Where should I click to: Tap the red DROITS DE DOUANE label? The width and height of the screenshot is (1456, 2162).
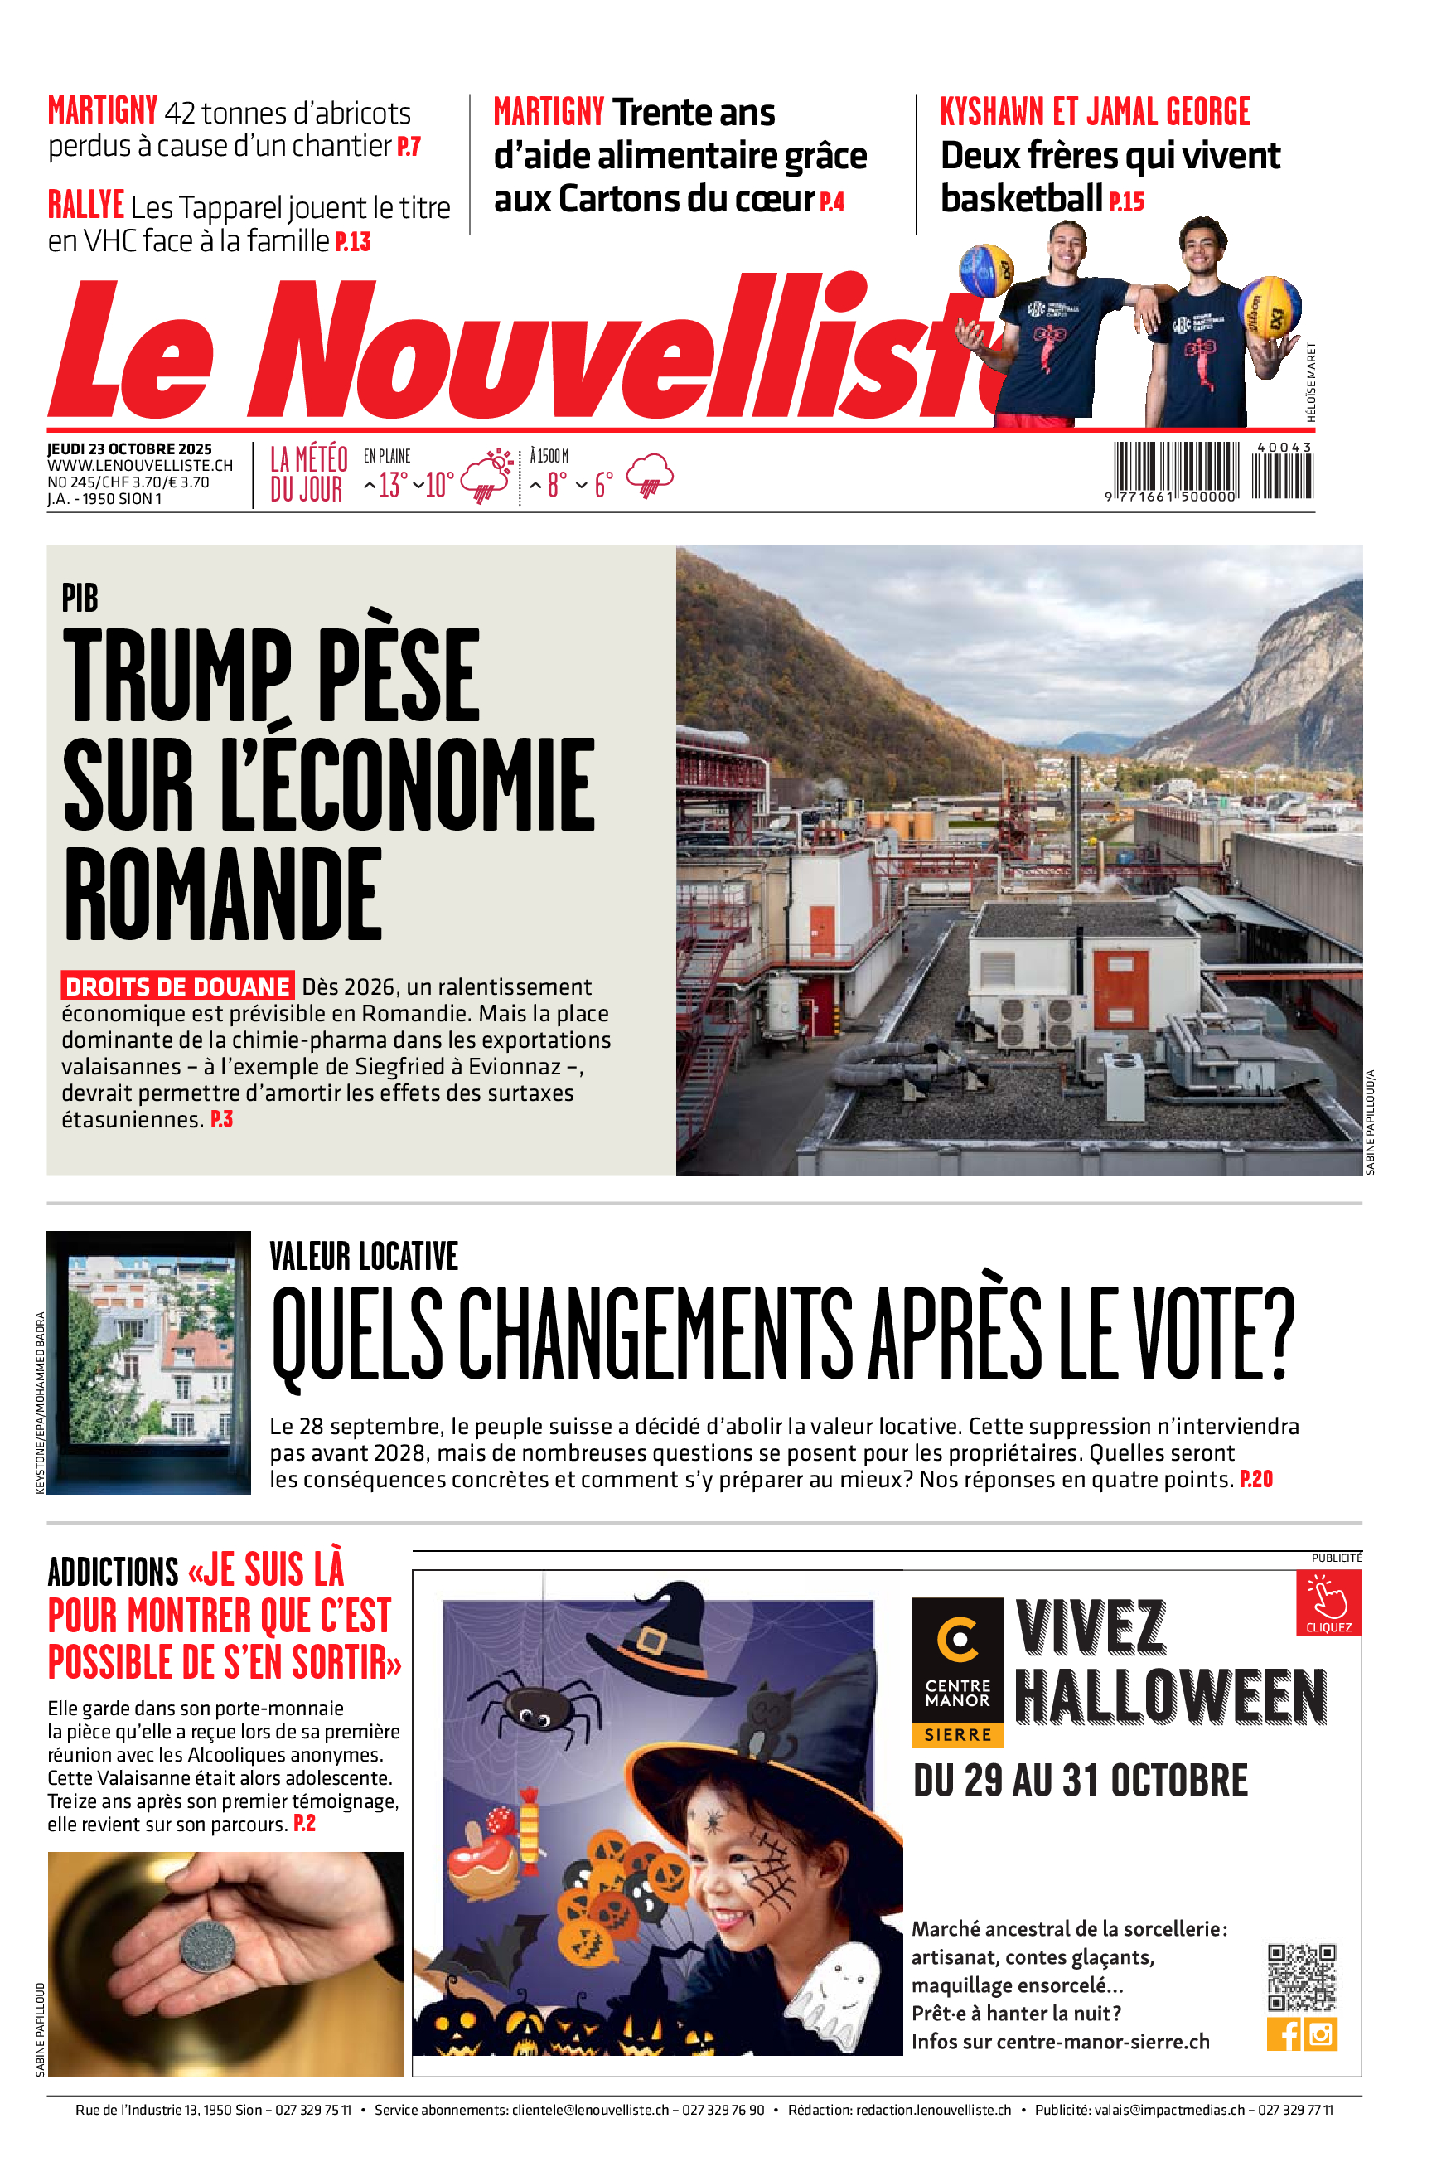coord(177,986)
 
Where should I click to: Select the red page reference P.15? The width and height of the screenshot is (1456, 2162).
coord(1126,201)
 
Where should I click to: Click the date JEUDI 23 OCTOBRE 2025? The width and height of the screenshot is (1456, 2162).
coord(129,449)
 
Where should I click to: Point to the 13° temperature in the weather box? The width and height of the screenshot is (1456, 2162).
coord(392,485)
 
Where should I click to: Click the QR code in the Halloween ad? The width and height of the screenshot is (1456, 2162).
coord(1302,1976)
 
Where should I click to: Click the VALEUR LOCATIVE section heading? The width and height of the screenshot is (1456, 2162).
coord(363,1256)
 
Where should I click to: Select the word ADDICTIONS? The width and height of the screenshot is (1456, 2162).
coord(113,1573)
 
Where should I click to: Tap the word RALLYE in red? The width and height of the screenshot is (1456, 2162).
coord(85,206)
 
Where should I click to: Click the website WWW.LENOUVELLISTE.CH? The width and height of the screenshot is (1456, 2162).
coord(140,466)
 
